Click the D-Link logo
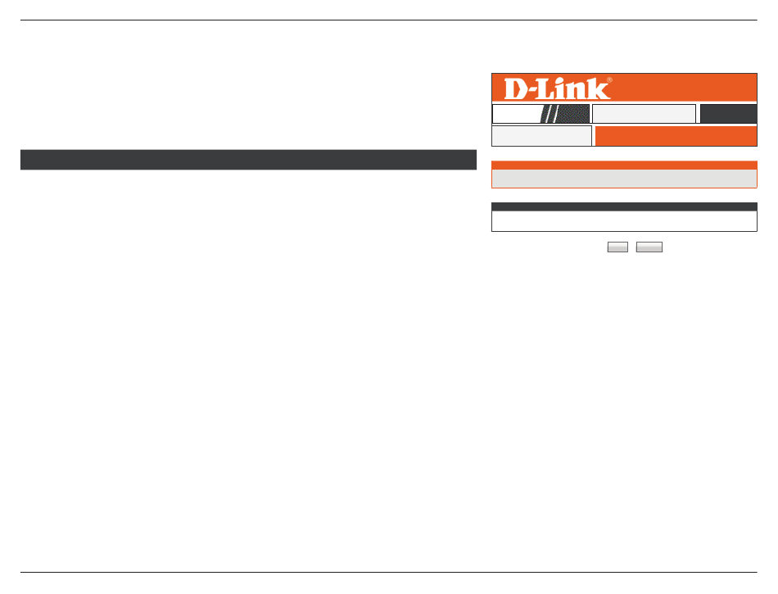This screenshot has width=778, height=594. click(x=558, y=88)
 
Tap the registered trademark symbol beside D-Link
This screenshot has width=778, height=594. click(x=609, y=80)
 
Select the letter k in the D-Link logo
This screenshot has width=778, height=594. click(x=599, y=88)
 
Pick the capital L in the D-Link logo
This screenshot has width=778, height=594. click(x=547, y=89)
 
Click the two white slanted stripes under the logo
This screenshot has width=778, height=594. click(x=551, y=114)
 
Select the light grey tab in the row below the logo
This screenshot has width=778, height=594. click(x=644, y=114)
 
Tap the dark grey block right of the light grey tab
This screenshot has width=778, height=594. click(x=728, y=114)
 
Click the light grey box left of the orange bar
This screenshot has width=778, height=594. click(x=541, y=136)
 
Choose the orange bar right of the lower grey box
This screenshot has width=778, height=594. click(x=676, y=136)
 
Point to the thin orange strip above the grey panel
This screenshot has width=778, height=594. click(x=624, y=166)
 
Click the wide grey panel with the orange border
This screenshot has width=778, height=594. click(x=624, y=179)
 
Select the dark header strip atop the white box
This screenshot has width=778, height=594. click(x=624, y=206)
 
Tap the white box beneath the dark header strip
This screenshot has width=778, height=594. click(x=624, y=221)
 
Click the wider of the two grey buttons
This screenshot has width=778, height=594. click(x=649, y=247)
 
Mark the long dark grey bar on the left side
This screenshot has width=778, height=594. click(x=248, y=160)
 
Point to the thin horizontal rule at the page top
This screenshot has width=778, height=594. click(x=388, y=20)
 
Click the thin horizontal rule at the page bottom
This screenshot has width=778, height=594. click(x=388, y=572)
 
